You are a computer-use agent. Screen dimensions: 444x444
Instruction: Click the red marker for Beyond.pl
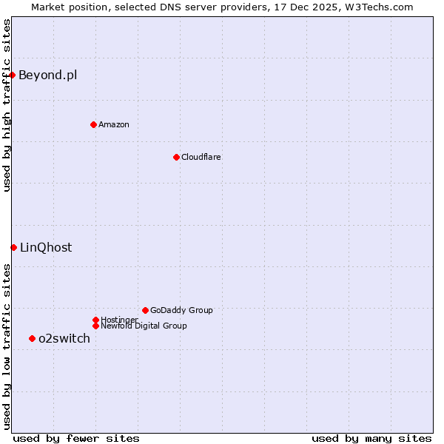[x=13, y=75]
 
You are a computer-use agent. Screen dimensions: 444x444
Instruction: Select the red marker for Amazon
[x=93, y=124]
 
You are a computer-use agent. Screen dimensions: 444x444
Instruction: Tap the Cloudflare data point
[x=176, y=157]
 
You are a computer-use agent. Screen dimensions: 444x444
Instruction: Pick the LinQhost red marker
[x=13, y=247]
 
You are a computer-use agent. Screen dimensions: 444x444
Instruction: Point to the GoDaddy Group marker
[x=145, y=310]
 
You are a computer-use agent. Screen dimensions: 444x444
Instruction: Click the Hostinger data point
[x=95, y=320]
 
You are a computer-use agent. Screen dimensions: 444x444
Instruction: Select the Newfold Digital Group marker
[x=95, y=326]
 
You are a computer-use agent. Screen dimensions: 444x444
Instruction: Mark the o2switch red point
[x=32, y=338]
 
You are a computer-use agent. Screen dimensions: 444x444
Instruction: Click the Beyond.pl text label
[x=47, y=75]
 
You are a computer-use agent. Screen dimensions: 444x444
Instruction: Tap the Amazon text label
[x=114, y=124]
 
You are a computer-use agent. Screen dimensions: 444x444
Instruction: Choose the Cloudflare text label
[x=201, y=157]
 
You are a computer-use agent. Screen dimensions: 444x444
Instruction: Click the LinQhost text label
[x=46, y=247]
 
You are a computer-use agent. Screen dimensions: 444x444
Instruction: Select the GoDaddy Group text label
[x=181, y=310]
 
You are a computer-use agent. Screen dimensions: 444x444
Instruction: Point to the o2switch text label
[x=64, y=338]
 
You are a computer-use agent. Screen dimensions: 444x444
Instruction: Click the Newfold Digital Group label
[x=144, y=326]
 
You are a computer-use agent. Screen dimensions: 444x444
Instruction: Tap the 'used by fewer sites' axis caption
[x=76, y=438]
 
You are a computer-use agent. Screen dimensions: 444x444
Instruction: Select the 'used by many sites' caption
[x=371, y=438]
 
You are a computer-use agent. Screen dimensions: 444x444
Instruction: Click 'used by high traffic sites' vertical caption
[x=7, y=105]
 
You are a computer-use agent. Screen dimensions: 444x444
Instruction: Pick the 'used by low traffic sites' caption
[x=7, y=346]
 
